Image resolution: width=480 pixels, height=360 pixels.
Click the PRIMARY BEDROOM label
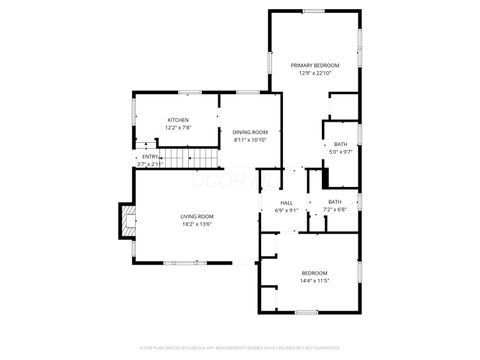[315, 65]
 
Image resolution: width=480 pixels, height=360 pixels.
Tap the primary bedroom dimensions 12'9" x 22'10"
[315, 73]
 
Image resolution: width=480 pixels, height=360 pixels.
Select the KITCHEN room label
[178, 120]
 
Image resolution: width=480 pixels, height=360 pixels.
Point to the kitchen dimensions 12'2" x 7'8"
[178, 128]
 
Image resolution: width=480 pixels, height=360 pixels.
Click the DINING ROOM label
[250, 132]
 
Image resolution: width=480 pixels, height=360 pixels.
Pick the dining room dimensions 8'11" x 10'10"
[250, 140]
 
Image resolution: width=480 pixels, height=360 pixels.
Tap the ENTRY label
[151, 156]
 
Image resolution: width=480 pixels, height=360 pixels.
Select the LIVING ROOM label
[197, 216]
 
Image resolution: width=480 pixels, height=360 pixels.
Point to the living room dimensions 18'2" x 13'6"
[197, 224]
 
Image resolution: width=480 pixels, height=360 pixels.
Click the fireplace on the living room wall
[125, 220]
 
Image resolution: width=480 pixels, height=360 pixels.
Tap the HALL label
[286, 202]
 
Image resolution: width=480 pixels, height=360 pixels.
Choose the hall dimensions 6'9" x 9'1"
[286, 210]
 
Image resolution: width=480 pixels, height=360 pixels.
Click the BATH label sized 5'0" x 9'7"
[341, 144]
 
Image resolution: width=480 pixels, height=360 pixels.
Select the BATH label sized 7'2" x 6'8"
[334, 202]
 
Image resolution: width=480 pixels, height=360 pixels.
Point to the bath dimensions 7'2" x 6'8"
[334, 210]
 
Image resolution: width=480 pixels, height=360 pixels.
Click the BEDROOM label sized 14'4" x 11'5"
[315, 273]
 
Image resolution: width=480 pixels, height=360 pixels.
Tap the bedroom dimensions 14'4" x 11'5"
[315, 281]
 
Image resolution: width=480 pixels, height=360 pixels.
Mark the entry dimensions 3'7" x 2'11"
[150, 163]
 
